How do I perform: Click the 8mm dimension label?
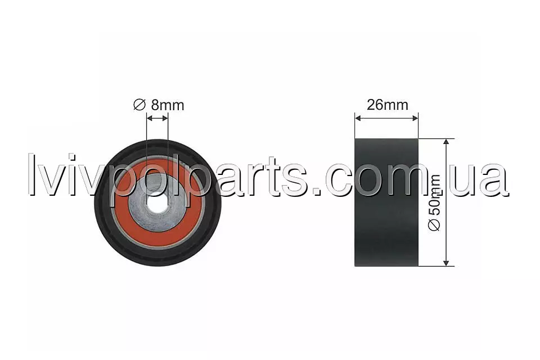click(x=168, y=105)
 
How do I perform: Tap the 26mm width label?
click(x=388, y=105)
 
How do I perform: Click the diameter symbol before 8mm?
click(x=139, y=105)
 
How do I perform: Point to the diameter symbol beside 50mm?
click(x=434, y=224)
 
